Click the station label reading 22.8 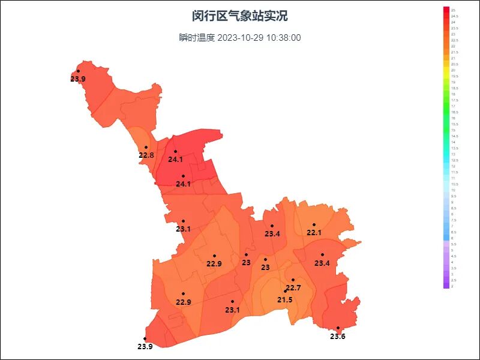pyautogui.click(x=146, y=155)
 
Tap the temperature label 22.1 pyautogui.click(x=314, y=233)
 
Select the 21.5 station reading pyautogui.click(x=285, y=299)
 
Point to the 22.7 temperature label pyautogui.click(x=293, y=288)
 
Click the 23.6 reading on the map pyautogui.click(x=338, y=336)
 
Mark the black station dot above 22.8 pyautogui.click(x=146, y=148)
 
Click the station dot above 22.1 pyautogui.click(x=314, y=225)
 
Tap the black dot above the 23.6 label pyautogui.click(x=338, y=328)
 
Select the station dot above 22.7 pyautogui.click(x=293, y=280)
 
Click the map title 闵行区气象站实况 pyautogui.click(x=240, y=16)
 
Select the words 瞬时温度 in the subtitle pyautogui.click(x=196, y=38)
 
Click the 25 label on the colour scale pyautogui.click(x=453, y=10)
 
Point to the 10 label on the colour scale pyautogui.click(x=453, y=190)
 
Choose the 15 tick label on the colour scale pyautogui.click(x=453, y=130)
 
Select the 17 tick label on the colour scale pyautogui.click(x=453, y=106)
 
